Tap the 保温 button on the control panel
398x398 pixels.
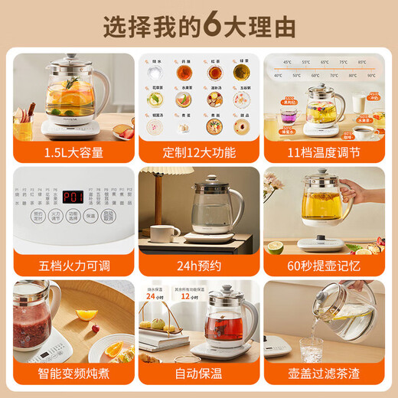pos(90,216)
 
